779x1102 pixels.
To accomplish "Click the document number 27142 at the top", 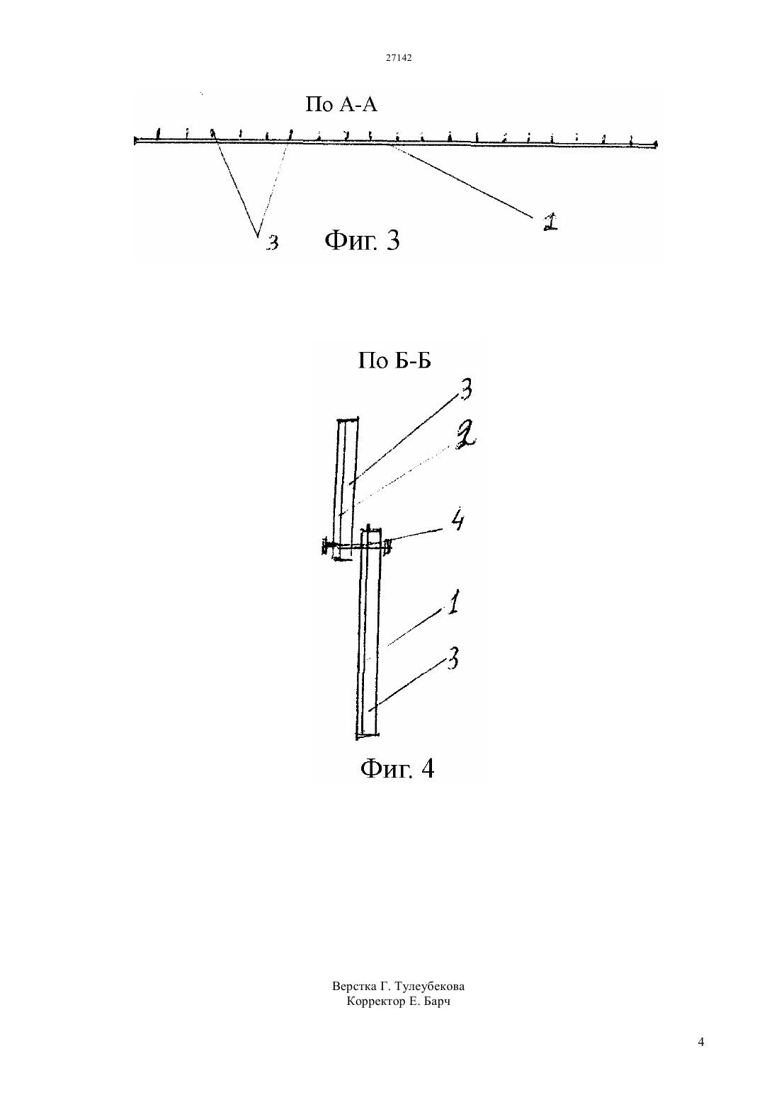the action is [398, 57].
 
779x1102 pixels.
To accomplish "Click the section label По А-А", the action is [341, 104].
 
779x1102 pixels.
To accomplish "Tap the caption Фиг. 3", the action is [362, 241].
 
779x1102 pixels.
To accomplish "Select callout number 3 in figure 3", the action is [273, 242].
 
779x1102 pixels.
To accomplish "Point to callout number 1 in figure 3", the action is [550, 222].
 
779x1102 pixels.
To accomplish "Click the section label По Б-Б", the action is [394, 360].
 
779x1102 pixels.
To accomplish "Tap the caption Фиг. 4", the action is [397, 768].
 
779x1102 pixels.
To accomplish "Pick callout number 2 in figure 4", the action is [465, 436].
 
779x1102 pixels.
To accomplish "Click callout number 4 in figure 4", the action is [457, 520].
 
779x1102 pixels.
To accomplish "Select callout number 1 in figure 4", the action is [453, 601].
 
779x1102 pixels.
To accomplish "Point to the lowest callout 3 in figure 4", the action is [453, 658].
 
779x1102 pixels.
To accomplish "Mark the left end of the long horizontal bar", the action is [135, 141].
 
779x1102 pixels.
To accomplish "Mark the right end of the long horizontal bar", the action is [656, 144].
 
